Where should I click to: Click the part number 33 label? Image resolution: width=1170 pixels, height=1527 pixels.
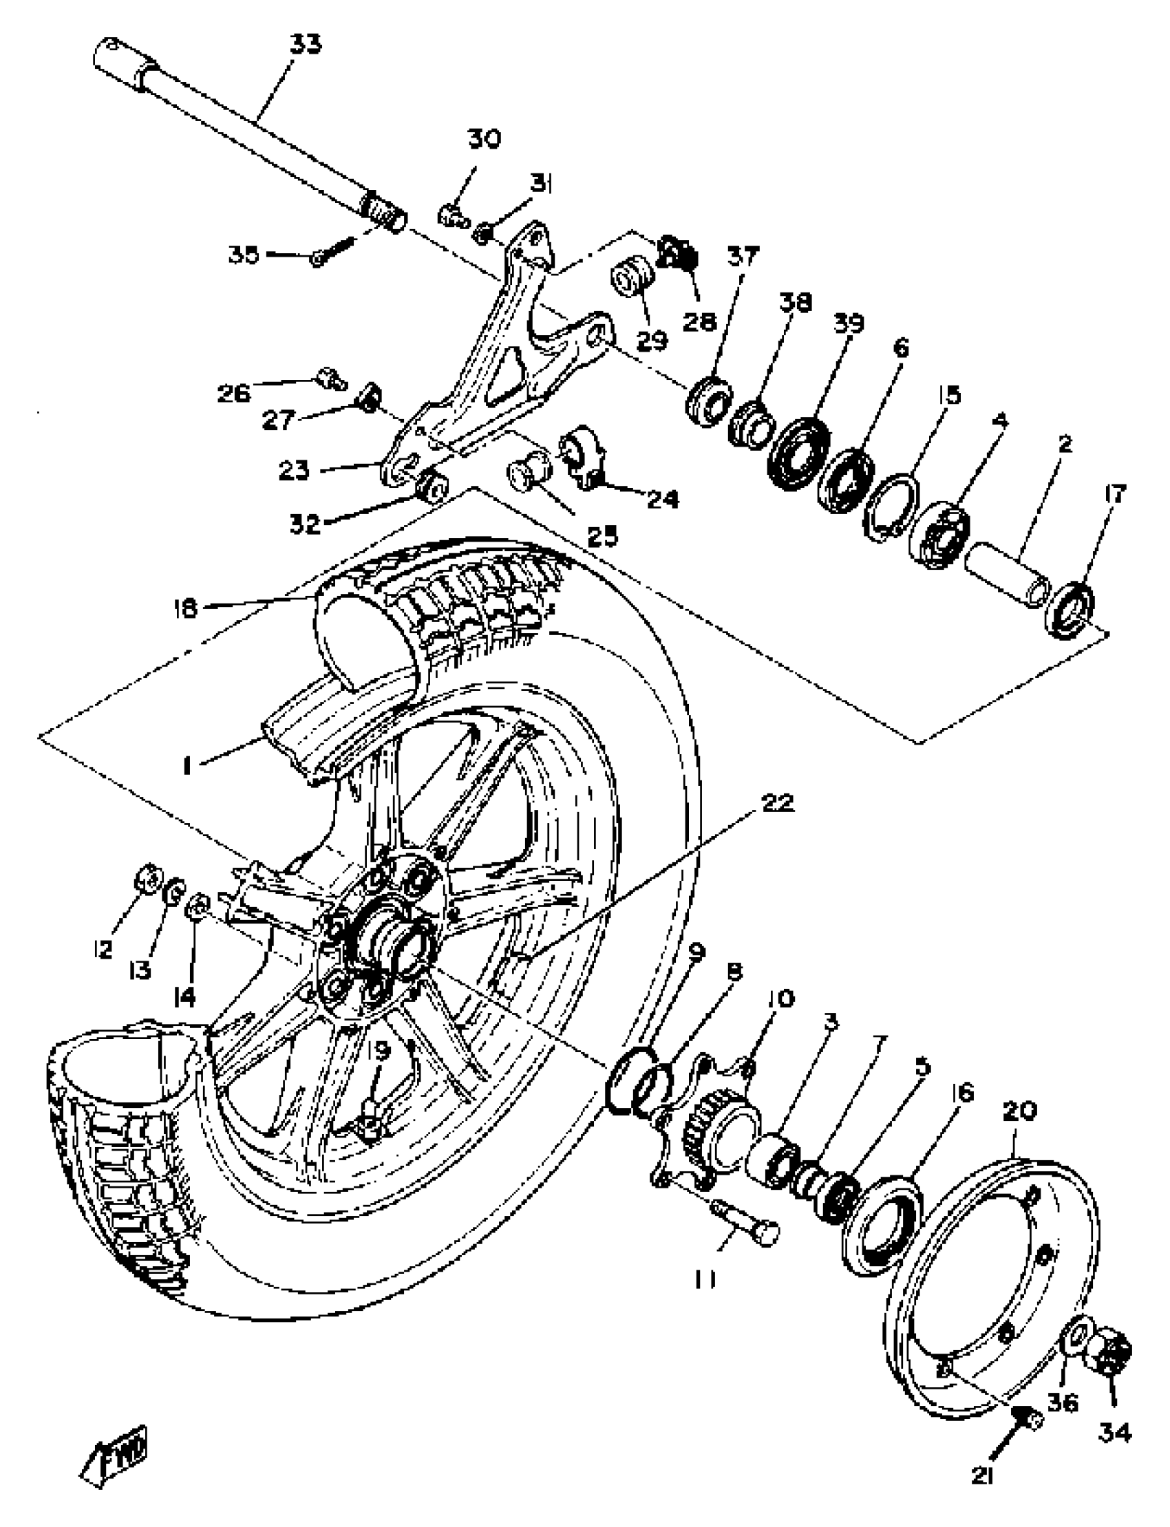pos(305,45)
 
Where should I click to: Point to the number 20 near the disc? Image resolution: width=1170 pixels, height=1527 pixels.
pos(1019,1110)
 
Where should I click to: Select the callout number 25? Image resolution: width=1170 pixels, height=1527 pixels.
pos(603,536)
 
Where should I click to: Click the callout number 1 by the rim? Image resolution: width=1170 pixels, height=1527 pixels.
pos(186,767)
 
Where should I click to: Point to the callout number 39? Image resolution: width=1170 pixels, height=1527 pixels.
pos(848,324)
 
